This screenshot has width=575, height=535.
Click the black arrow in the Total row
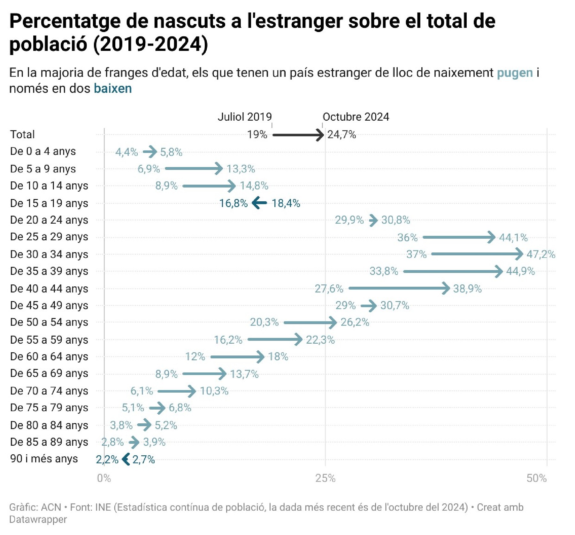point(298,135)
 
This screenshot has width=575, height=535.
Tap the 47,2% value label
point(540,254)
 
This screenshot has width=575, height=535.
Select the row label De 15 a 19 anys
point(49,203)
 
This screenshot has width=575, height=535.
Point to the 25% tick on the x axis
point(325,478)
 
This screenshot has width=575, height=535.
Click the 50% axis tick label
point(536,478)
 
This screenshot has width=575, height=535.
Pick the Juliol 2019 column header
point(244,117)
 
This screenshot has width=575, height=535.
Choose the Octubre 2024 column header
point(356,117)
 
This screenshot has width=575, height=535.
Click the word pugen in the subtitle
point(515,73)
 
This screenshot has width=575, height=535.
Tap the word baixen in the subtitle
point(112,89)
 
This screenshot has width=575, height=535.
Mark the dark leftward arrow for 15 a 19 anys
point(259,203)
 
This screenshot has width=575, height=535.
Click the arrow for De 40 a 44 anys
point(399,288)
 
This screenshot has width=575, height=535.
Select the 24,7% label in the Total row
point(341,135)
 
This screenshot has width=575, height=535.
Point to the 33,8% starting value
point(384,271)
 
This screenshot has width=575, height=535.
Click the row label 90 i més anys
point(44,459)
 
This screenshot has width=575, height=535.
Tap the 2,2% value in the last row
point(107,459)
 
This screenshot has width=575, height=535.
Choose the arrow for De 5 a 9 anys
point(194,168)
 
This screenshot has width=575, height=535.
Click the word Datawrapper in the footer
point(38,519)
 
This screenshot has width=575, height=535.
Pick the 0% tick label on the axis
point(104,478)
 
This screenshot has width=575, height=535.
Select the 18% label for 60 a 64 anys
point(278,356)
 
